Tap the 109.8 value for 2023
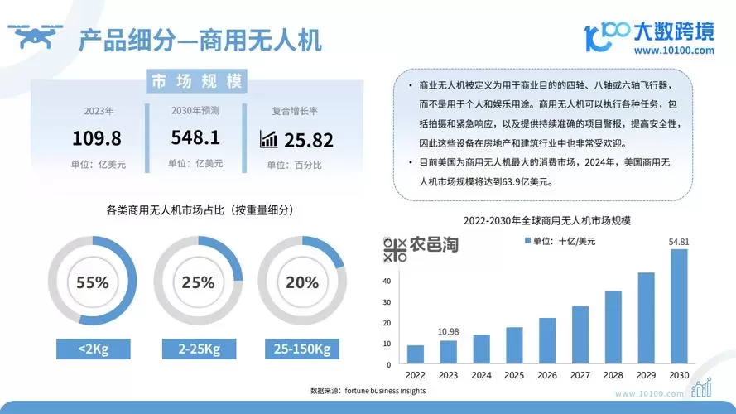click(x=97, y=137)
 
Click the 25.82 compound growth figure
click(x=308, y=139)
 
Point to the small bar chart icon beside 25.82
click(x=268, y=138)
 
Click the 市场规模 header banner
click(x=196, y=81)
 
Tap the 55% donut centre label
click(x=92, y=282)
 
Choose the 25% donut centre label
click(x=197, y=282)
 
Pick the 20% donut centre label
click(x=302, y=282)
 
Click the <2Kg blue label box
click(x=92, y=349)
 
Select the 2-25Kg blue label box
click(x=197, y=349)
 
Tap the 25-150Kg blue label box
click(x=301, y=349)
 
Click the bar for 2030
click(x=678, y=306)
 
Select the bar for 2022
click(x=416, y=354)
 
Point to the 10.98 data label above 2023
click(x=448, y=331)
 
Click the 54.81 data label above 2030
click(x=679, y=242)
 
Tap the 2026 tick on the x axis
click(x=546, y=374)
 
